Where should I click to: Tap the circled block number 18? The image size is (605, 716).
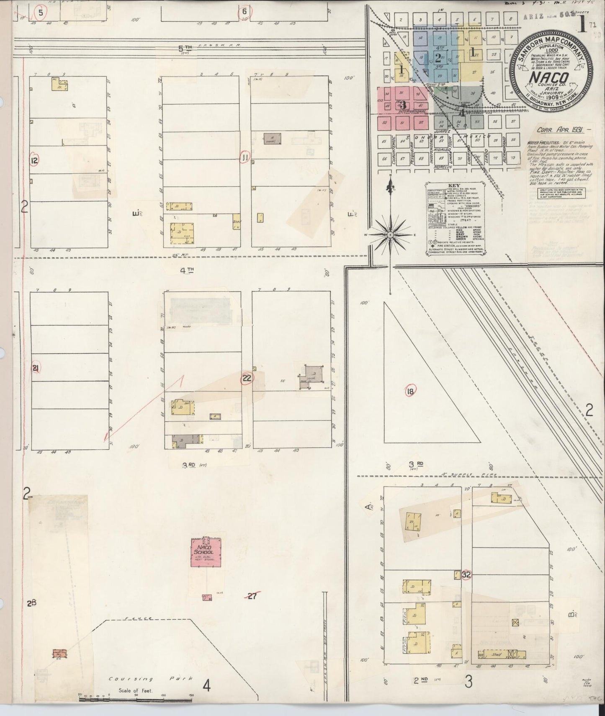coord(410,392)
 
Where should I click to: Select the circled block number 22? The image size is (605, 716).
coord(247,378)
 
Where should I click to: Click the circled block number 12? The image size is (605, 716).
coord(35,160)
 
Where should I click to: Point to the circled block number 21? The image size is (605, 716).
coord(36,368)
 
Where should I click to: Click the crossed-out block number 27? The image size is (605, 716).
coord(252,597)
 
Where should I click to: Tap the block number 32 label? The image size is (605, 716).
coord(466,575)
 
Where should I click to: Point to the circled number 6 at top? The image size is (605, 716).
coord(244,11)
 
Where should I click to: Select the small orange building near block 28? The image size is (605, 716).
coord(59,653)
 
